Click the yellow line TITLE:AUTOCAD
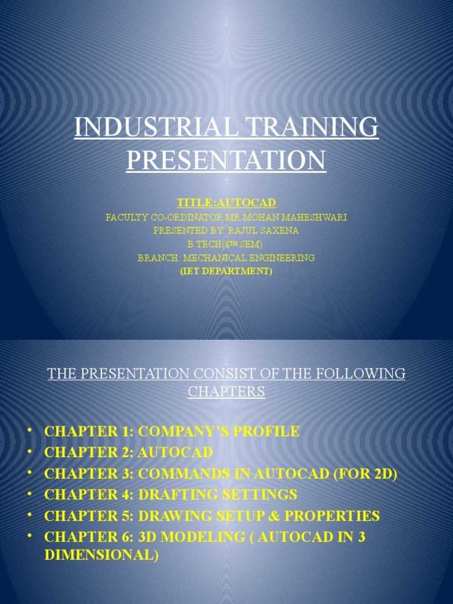pyautogui.click(x=226, y=203)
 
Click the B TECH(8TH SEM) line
pyautogui.click(x=226, y=244)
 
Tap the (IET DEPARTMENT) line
pyautogui.click(x=226, y=271)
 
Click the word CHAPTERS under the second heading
pyautogui.click(x=226, y=392)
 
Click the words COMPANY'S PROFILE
pyautogui.click(x=219, y=431)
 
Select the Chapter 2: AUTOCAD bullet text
pyautogui.click(x=129, y=452)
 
